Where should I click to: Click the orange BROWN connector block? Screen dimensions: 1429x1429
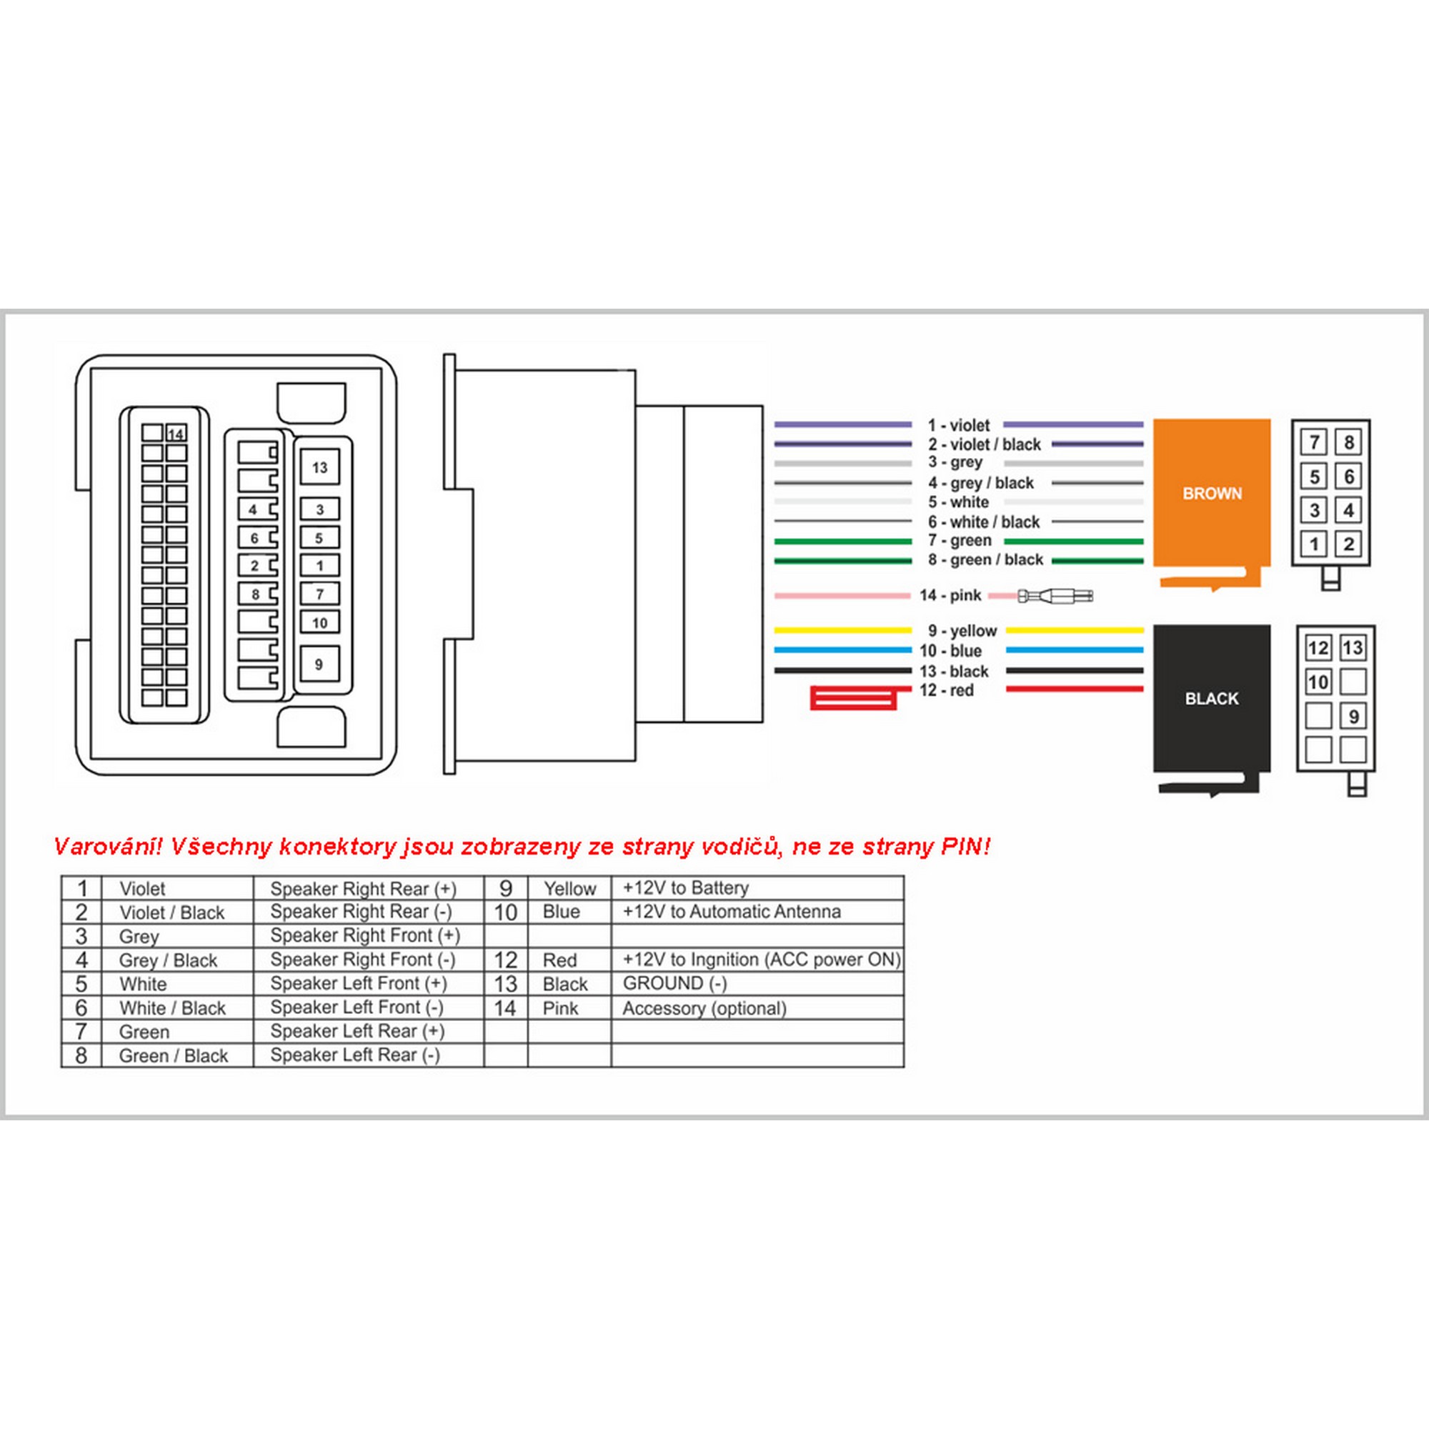tap(1212, 493)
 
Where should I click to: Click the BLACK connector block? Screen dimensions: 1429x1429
tap(1212, 698)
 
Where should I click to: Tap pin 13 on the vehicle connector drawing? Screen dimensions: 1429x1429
tap(319, 467)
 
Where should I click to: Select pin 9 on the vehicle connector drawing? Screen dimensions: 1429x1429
tap(319, 664)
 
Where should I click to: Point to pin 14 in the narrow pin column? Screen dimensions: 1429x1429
tap(176, 434)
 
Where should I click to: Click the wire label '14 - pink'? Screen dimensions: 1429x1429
tap(950, 595)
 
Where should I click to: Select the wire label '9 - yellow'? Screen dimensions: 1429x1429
tap(962, 631)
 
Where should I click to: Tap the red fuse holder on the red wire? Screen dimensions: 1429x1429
tap(853, 697)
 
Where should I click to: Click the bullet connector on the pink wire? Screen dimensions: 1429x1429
tap(1055, 595)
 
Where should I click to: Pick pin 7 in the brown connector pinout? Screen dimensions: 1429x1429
tap(1315, 442)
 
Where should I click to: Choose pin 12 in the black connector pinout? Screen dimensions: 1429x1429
tap(1318, 649)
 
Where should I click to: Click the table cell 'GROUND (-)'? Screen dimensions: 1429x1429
tap(674, 983)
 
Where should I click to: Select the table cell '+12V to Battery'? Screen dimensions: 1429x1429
tap(686, 887)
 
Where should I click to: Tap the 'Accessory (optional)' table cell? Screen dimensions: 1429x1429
tap(704, 1008)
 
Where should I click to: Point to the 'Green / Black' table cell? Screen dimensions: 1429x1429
tap(173, 1055)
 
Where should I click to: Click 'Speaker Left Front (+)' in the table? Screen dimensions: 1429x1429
tap(358, 983)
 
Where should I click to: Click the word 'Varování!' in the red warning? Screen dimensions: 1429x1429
tap(107, 846)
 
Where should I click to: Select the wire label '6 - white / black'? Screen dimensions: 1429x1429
tap(984, 522)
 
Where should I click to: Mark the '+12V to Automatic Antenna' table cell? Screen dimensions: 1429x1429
tap(732, 911)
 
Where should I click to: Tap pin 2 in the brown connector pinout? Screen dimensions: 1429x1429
tap(1348, 544)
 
